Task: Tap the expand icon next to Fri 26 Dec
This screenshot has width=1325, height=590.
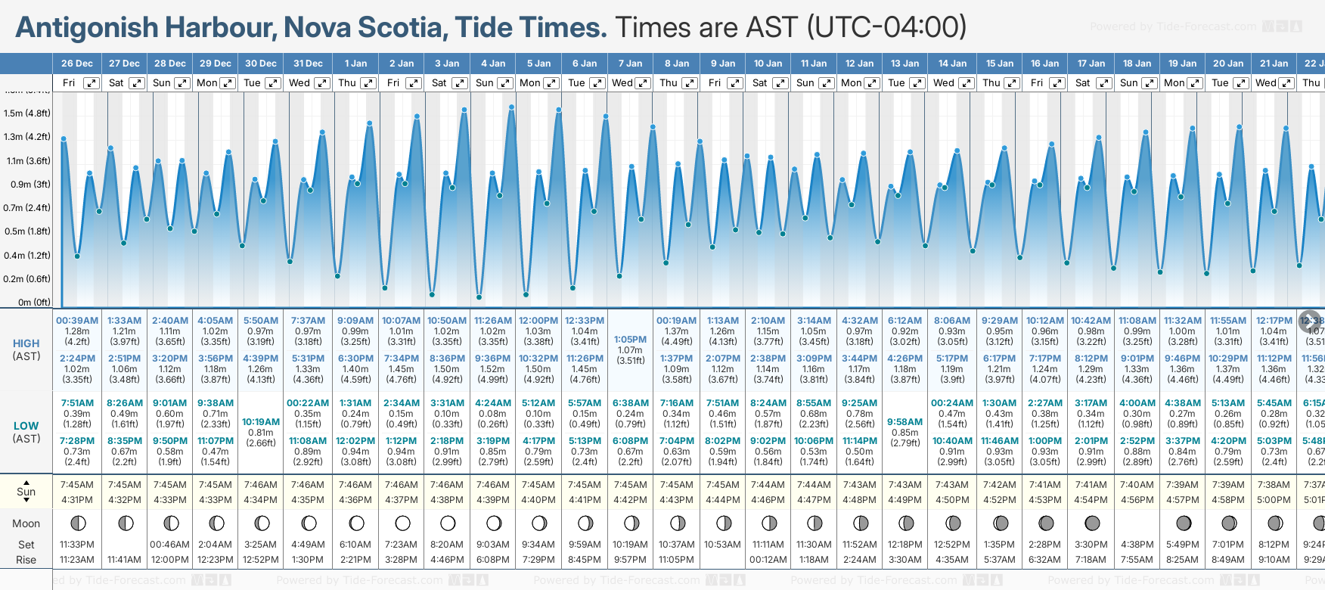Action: click(x=91, y=83)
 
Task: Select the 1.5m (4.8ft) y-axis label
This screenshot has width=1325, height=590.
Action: click(x=27, y=113)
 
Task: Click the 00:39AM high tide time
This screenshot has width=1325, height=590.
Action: click(x=77, y=321)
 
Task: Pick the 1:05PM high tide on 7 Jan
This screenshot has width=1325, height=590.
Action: click(x=630, y=340)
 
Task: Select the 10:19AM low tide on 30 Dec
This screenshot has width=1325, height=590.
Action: click(x=261, y=422)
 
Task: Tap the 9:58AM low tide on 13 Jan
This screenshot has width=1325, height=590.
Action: click(x=905, y=422)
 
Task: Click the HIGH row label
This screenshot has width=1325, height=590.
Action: click(x=26, y=343)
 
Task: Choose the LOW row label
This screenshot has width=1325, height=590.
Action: click(x=26, y=426)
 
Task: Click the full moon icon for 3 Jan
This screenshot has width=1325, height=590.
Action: click(x=448, y=523)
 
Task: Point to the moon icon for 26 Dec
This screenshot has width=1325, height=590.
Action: click(x=77, y=523)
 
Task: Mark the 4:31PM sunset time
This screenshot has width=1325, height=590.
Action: click(x=77, y=500)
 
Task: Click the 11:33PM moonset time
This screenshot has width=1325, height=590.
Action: click(x=77, y=545)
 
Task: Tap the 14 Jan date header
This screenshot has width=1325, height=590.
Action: click(x=953, y=64)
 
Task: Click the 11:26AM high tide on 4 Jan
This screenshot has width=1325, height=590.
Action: click(x=493, y=321)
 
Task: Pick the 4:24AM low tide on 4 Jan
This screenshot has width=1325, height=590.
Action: click(x=493, y=403)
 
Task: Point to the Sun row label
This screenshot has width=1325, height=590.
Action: click(x=26, y=492)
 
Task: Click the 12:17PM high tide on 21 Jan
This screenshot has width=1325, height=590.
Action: click(x=1274, y=321)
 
